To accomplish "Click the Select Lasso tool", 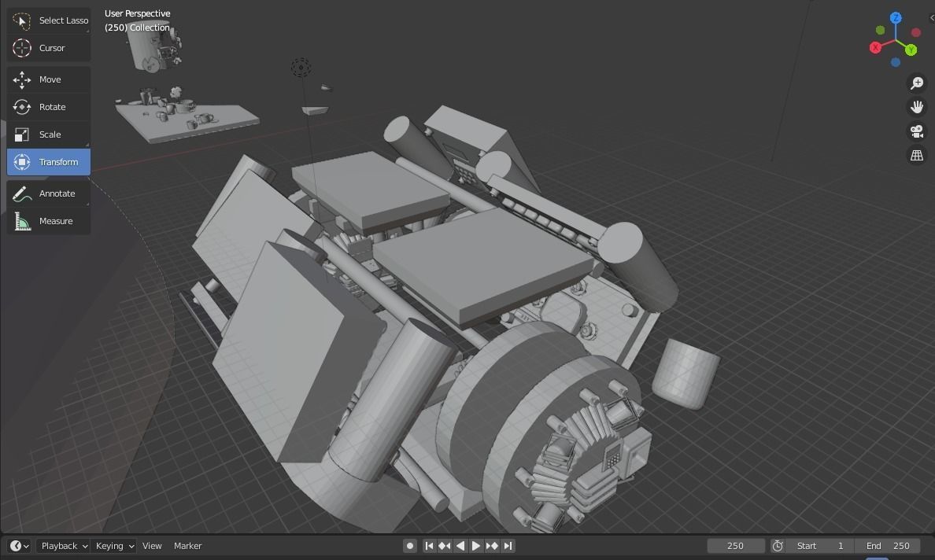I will (x=49, y=20).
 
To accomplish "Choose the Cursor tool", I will (x=49, y=48).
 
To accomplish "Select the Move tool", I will (x=49, y=79).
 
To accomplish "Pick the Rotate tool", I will (x=49, y=107).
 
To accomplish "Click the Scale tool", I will (x=49, y=134).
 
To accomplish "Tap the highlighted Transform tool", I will (x=49, y=162).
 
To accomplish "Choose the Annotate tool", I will (x=49, y=193).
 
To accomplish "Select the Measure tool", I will (x=49, y=221).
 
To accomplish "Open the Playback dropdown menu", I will (x=64, y=546).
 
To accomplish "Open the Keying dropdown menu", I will (x=114, y=546).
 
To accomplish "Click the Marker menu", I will (x=187, y=546).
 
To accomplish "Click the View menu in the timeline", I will (x=152, y=546).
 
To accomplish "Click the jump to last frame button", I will (x=508, y=546).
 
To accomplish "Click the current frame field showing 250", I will (x=735, y=546).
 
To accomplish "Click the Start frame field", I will (x=820, y=546).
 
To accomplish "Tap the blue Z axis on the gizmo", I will (x=896, y=17).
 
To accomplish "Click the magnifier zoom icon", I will (x=917, y=83).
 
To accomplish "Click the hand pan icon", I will (x=917, y=107).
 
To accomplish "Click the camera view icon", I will (x=917, y=131).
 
